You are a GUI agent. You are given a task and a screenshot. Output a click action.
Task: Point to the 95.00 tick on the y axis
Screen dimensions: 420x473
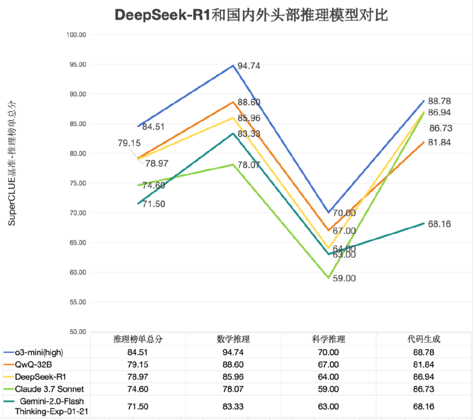[76, 64]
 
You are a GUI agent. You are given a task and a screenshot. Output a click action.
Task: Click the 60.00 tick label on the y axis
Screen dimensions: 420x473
[76, 272]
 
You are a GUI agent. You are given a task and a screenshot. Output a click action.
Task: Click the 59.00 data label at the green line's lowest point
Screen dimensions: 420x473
[343, 279]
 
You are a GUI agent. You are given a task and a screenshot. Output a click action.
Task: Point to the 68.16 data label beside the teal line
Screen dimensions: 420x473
[439, 224]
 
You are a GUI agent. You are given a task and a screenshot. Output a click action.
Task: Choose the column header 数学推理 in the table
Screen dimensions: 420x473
[233, 340]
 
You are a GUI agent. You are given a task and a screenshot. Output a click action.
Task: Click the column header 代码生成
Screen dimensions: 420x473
[423, 340]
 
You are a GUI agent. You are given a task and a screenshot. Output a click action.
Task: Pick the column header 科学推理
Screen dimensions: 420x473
[328, 340]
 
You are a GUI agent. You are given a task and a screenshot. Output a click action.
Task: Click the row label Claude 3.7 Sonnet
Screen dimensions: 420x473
[49, 389]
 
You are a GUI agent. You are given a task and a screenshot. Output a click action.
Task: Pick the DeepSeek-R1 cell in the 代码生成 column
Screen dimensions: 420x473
[423, 377]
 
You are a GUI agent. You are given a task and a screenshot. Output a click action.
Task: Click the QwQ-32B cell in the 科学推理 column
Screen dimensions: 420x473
[328, 365]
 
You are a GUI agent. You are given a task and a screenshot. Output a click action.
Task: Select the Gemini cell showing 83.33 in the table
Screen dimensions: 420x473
[233, 406]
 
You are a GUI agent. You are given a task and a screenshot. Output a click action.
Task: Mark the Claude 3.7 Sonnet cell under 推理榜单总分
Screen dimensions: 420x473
[138, 389]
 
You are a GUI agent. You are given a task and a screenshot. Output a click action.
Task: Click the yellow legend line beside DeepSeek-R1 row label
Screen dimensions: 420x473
[8, 377]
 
